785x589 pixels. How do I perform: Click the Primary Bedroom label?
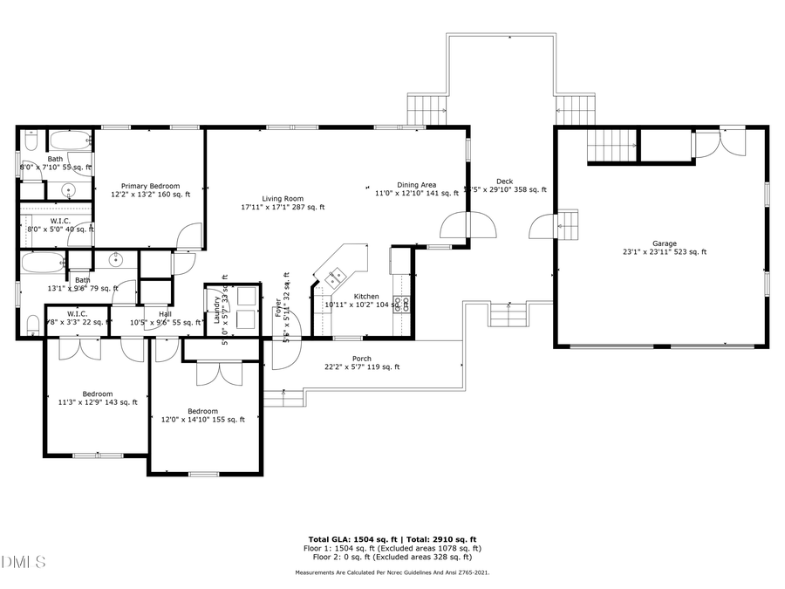point(150,190)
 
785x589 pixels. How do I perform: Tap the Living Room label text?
point(283,202)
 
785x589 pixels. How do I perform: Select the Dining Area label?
point(416,189)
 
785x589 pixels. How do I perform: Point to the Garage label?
point(664,248)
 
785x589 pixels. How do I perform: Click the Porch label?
point(361,363)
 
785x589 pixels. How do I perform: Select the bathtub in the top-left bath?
point(71,140)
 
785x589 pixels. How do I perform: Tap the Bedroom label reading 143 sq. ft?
point(97,398)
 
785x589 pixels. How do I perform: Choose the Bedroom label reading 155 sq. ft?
point(202,415)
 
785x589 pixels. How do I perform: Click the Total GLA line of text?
point(392,539)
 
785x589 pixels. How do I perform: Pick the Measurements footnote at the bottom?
point(392,572)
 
